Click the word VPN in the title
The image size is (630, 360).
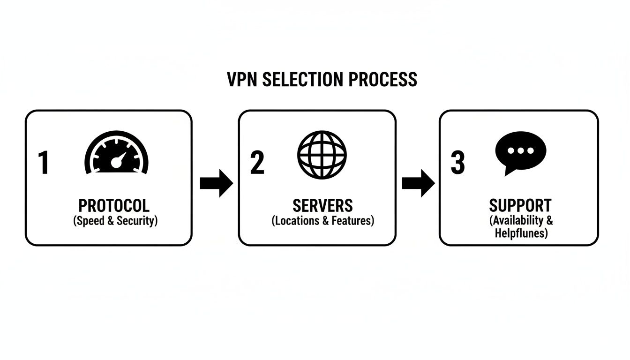click(x=242, y=79)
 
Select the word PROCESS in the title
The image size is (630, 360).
click(x=383, y=79)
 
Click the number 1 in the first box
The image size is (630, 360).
click(x=43, y=163)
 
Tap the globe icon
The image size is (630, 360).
click(x=322, y=154)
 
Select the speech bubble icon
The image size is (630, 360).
click(x=520, y=153)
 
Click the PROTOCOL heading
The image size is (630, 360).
click(x=114, y=206)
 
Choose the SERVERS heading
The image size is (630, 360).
click(x=322, y=206)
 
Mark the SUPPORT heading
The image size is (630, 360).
click(x=520, y=206)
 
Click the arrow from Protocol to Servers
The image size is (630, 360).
click(x=216, y=183)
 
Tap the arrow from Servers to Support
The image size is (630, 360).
click(x=418, y=183)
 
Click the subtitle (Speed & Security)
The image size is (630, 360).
click(x=115, y=221)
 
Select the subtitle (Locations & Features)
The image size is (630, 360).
click(x=322, y=221)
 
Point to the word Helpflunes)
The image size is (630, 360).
click(x=521, y=233)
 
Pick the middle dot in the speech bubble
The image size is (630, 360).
click(x=521, y=151)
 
